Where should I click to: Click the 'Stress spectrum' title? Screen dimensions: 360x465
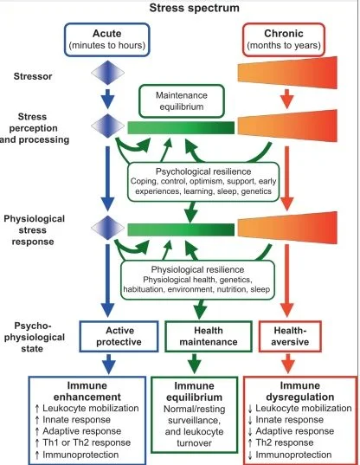195,8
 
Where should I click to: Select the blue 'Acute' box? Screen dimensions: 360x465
107,40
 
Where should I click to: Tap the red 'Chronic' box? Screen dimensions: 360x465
284,40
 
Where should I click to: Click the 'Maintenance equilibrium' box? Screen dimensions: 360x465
182,100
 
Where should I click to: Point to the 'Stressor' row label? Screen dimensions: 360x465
33,76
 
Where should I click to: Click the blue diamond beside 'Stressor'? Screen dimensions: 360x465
107,73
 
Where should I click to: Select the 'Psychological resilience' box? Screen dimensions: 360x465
203,182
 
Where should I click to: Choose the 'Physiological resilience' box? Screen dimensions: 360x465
197,280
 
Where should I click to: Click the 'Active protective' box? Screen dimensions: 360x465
119,336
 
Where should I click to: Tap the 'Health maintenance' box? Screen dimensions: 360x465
209,336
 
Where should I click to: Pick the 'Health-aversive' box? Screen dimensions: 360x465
290,336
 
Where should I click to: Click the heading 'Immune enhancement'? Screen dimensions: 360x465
87,391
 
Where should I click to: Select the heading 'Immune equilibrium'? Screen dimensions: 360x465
194,391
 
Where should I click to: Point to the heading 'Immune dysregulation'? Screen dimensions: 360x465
299,391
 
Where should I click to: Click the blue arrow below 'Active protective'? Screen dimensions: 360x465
109,364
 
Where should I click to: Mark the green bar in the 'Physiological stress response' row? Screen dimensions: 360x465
181,229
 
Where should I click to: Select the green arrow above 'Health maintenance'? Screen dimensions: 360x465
200,309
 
